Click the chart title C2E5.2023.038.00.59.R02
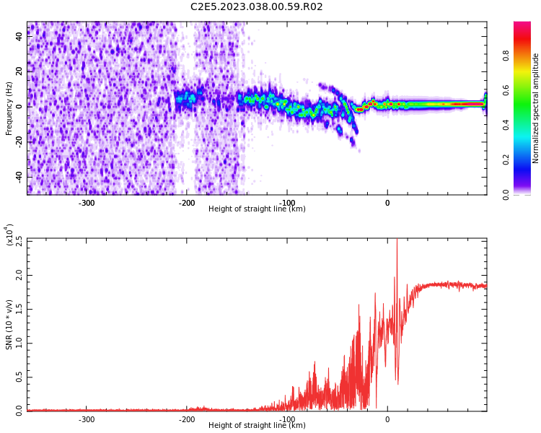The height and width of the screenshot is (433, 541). coord(256,7)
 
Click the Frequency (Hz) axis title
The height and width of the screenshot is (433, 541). coord(9,108)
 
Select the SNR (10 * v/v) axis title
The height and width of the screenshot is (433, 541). coord(9,325)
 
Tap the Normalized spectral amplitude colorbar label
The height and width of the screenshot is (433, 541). coord(536,108)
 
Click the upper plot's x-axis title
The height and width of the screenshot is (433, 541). coord(257,209)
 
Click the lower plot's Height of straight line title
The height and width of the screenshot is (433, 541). coord(257,426)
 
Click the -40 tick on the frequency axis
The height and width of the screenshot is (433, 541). coord(17,177)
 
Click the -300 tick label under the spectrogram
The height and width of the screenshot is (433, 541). coord(87,203)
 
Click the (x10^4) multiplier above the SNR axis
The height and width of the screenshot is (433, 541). coord(9,235)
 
